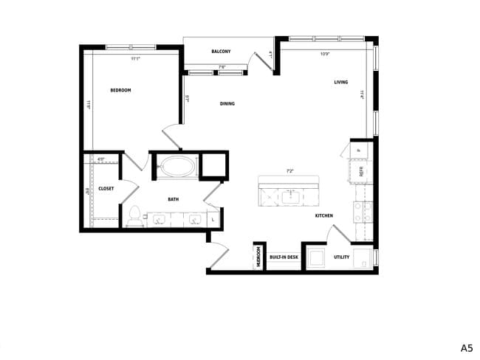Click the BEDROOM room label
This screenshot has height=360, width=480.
pyautogui.click(x=120, y=90)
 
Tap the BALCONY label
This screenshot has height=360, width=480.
pyautogui.click(x=221, y=52)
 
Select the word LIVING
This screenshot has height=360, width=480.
pyautogui.click(x=340, y=82)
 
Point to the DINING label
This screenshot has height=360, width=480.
pyautogui.click(x=227, y=104)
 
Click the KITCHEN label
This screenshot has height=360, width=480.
pyautogui.click(x=323, y=215)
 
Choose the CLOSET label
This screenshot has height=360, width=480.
pyautogui.click(x=106, y=189)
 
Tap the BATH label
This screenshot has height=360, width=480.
pyautogui.click(x=173, y=199)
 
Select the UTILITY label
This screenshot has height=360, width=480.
pyautogui.click(x=341, y=257)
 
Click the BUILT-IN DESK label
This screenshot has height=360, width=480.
pyautogui.click(x=284, y=257)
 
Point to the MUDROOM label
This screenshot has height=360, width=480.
pyautogui.click(x=259, y=257)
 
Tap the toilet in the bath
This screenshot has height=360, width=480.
pyautogui.click(x=134, y=215)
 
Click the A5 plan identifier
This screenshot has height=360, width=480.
pyautogui.click(x=467, y=347)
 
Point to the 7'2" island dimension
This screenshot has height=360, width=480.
pyautogui.click(x=290, y=171)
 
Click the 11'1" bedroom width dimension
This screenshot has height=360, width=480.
pyautogui.click(x=135, y=58)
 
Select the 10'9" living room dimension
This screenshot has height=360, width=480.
pyautogui.click(x=325, y=54)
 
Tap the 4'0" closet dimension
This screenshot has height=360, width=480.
pyautogui.click(x=101, y=159)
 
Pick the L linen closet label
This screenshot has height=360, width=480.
pyautogui.click(x=213, y=219)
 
